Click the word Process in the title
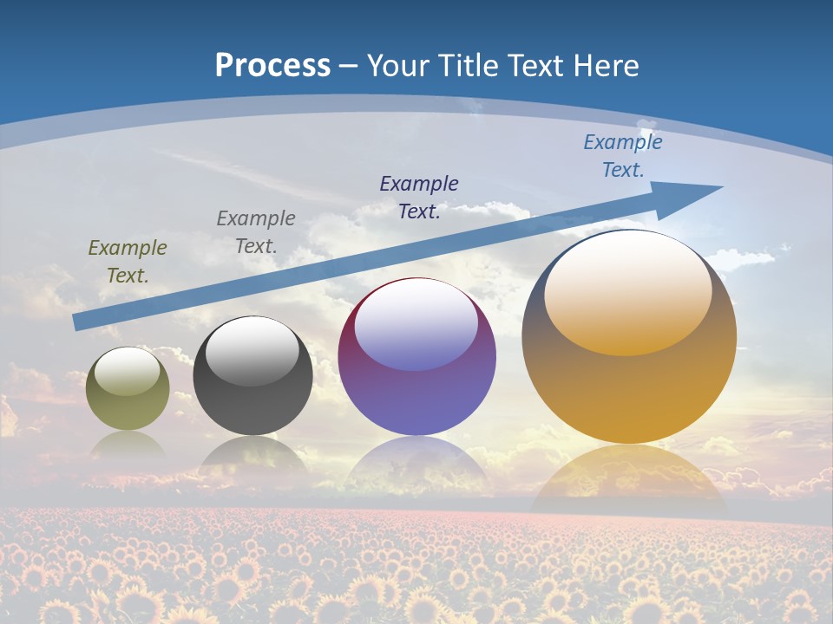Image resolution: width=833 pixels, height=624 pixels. click(x=272, y=66)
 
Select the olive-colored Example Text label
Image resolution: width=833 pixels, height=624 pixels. click(x=128, y=262)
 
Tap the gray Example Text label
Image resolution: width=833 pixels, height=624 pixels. click(x=256, y=231)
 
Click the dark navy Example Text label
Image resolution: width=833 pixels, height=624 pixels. click(x=419, y=197)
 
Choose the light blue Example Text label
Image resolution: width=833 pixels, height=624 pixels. click(x=623, y=156)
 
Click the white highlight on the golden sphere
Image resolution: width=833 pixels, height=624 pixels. click(x=628, y=290)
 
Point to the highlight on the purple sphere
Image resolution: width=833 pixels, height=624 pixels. click(x=416, y=322)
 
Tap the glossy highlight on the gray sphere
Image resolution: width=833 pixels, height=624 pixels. click(x=252, y=348)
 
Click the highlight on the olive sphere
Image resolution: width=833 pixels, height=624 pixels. click(x=127, y=372)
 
